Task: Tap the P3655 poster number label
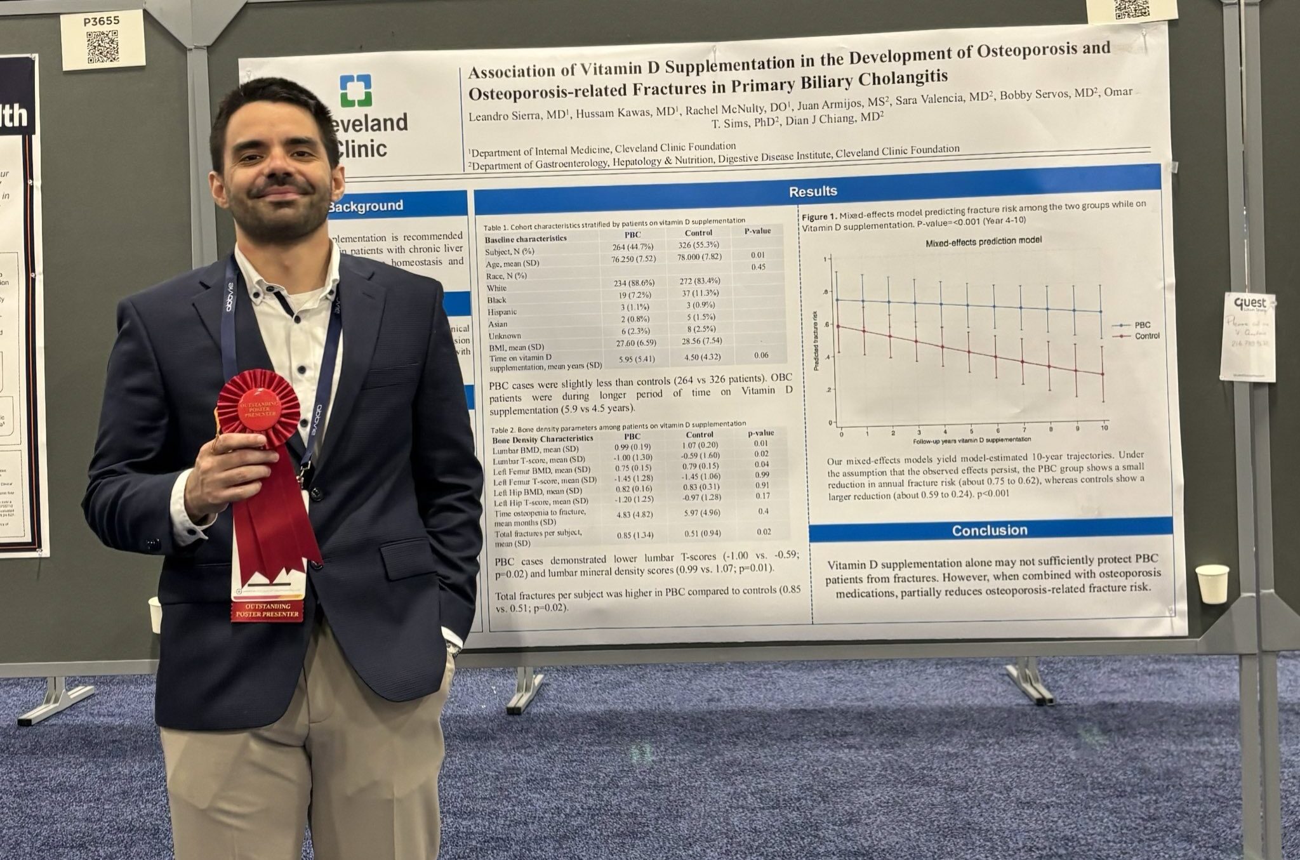click(101, 21)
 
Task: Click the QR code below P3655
click(103, 47)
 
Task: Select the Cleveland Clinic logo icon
click(355, 91)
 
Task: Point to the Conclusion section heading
click(989, 530)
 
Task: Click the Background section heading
click(365, 206)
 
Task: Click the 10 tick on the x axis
click(1104, 428)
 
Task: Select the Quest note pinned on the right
click(1247, 336)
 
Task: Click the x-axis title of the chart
click(972, 439)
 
